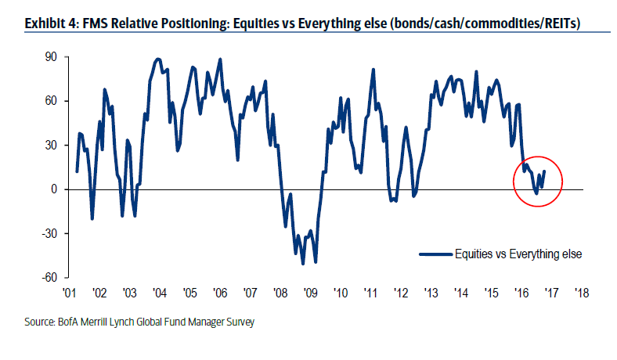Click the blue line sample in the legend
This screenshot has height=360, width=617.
[435, 254]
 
